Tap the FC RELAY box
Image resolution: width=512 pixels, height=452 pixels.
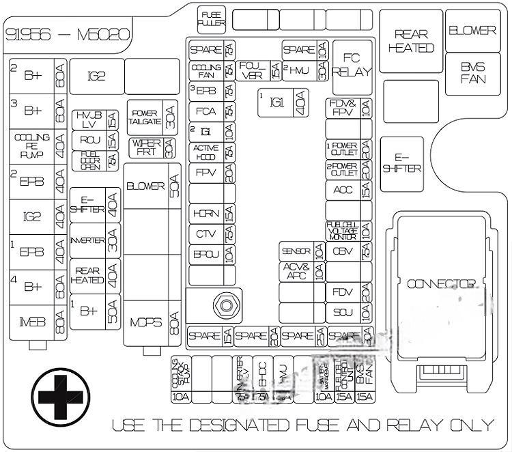point(352,63)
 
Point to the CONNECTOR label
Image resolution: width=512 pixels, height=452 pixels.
point(441,283)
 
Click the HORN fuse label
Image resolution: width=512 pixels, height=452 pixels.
point(205,213)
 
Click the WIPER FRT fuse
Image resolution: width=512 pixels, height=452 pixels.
point(145,147)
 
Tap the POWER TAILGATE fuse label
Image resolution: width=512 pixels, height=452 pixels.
point(145,117)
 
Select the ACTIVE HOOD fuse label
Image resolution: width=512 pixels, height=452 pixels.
point(205,152)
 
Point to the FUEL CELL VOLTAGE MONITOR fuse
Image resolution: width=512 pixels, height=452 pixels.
point(341,230)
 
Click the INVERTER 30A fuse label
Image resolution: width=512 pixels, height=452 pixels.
point(87,241)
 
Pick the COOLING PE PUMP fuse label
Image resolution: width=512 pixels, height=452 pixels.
point(32,145)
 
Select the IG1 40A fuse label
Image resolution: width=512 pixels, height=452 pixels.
point(276,102)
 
